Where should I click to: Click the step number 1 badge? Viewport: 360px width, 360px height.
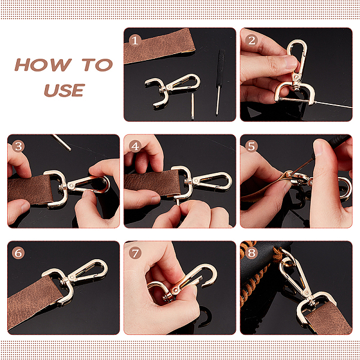click(x=135, y=41)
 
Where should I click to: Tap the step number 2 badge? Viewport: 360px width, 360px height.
click(x=251, y=41)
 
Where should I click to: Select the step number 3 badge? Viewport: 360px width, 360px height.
click(x=19, y=146)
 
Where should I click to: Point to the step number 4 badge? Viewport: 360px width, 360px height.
click(x=135, y=146)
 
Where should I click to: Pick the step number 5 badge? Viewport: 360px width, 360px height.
click(x=251, y=146)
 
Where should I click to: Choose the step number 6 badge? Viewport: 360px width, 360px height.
click(x=19, y=253)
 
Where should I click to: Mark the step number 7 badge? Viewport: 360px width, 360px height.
click(x=135, y=253)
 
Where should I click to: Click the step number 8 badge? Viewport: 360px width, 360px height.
click(x=251, y=253)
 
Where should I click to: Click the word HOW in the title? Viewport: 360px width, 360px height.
click(x=43, y=65)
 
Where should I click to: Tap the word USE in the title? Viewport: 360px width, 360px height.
click(x=65, y=90)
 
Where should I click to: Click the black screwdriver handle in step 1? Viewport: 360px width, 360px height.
click(x=220, y=67)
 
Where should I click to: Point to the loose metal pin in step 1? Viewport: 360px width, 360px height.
click(x=193, y=106)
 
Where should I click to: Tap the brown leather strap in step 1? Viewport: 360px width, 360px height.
click(x=160, y=46)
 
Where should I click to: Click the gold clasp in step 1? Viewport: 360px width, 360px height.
click(x=172, y=90)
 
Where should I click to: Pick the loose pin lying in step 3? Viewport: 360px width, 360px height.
click(x=62, y=143)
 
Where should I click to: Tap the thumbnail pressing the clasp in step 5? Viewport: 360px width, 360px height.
click(x=318, y=148)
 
